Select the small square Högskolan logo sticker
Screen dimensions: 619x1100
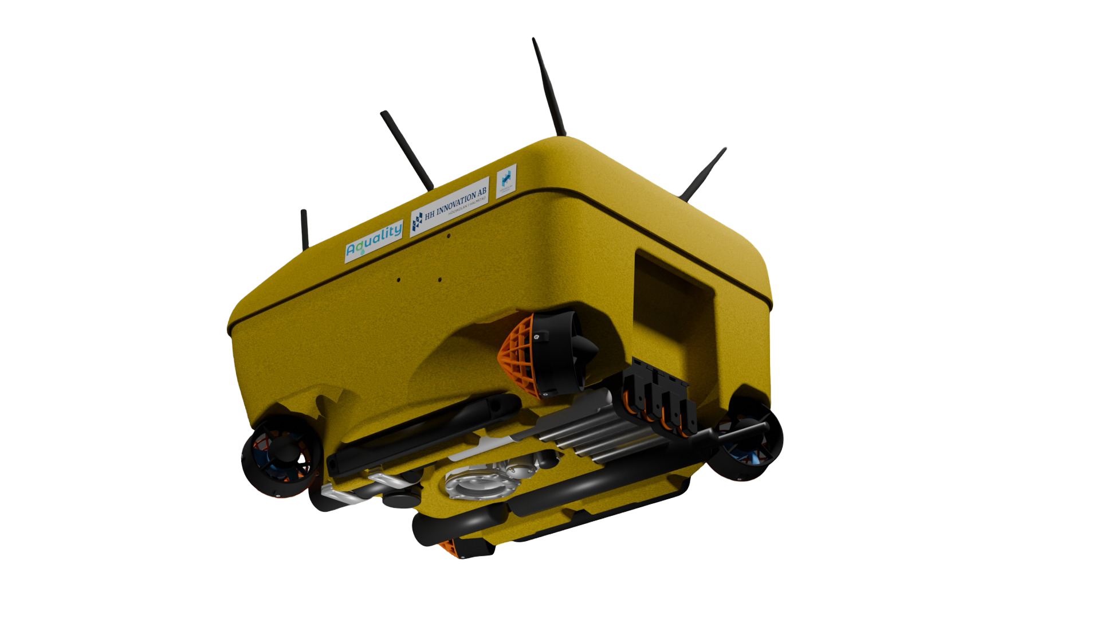point(506,179)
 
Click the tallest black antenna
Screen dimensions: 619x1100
point(549,86)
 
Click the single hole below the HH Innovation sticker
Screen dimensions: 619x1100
point(449,236)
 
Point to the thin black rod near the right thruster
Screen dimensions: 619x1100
point(739,432)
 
